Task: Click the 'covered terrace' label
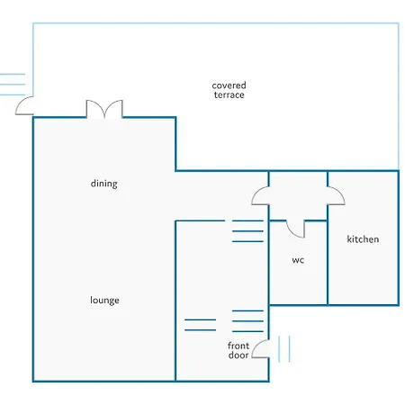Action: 229,90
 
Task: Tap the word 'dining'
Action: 103,184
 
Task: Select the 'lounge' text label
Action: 104,301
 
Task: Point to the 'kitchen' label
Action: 363,239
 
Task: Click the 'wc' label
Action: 298,260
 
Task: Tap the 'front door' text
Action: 238,350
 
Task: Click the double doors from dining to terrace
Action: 104,109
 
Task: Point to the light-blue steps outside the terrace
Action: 13,85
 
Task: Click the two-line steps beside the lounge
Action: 200,325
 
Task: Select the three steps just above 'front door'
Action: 247,321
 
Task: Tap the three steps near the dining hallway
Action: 247,231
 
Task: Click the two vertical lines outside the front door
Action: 284,349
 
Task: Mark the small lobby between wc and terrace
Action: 298,195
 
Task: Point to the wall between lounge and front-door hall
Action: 175,301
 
